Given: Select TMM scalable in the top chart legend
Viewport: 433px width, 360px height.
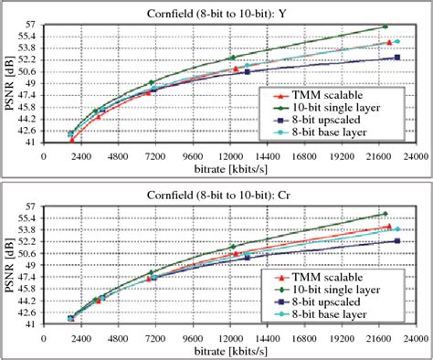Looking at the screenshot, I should (x=327, y=94).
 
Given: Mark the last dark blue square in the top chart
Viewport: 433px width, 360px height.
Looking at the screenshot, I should (x=396, y=58).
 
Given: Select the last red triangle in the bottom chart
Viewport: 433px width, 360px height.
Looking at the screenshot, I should (x=389, y=226).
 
